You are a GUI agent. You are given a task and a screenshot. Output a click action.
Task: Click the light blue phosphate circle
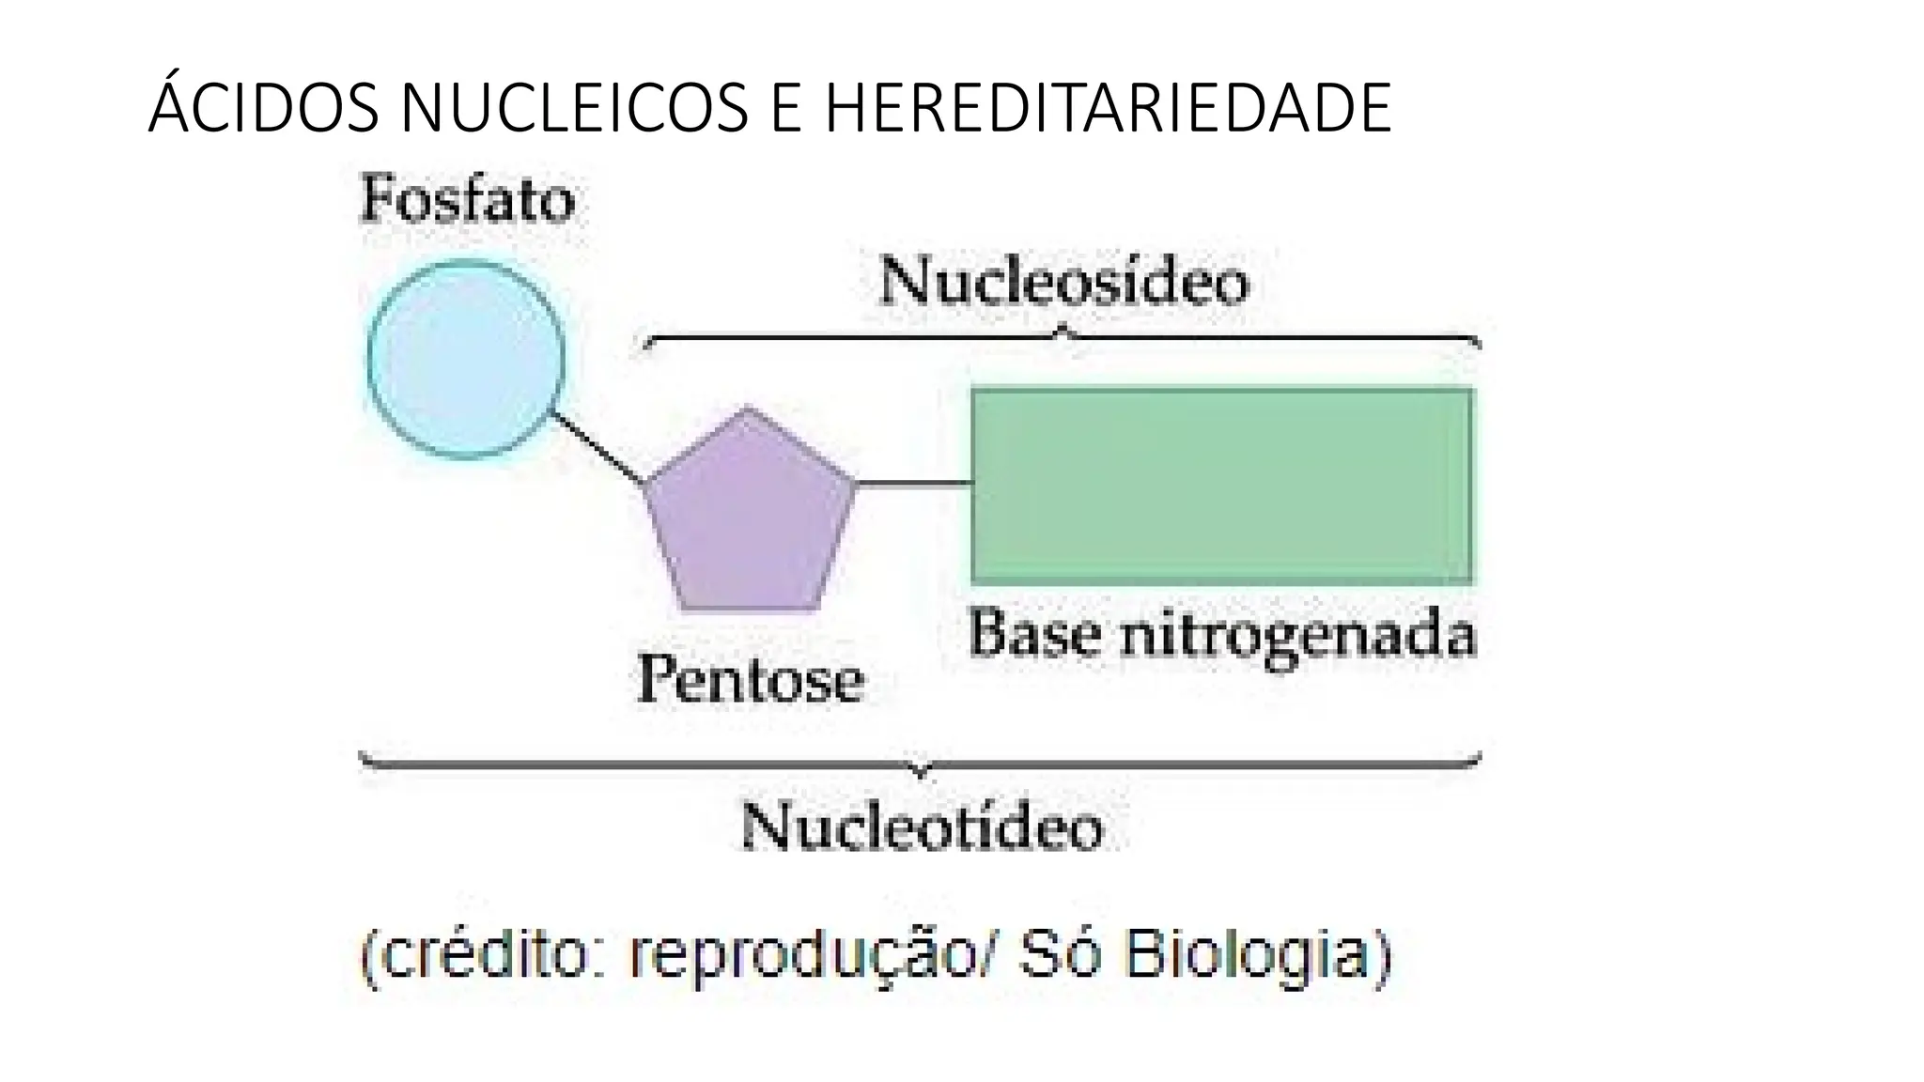[x=466, y=359]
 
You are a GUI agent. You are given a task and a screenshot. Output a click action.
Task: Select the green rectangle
[x=1222, y=485]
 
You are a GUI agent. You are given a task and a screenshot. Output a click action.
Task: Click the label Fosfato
[x=467, y=200]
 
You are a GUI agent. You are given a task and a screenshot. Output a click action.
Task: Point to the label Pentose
[x=750, y=679]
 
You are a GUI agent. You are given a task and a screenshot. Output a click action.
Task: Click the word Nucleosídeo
[x=1063, y=282]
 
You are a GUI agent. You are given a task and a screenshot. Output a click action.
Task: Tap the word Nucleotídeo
[x=922, y=827]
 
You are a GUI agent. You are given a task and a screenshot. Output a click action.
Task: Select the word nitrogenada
[x=1297, y=636]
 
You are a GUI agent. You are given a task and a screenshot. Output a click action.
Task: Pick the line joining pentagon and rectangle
[x=914, y=484]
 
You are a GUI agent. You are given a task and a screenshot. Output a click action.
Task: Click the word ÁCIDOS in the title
[x=264, y=108]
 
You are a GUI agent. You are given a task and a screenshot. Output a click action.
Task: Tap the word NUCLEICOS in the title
[x=574, y=108]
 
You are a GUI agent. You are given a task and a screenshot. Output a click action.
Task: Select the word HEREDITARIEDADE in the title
[x=1108, y=108]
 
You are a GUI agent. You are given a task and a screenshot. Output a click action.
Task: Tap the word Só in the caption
[x=1063, y=957]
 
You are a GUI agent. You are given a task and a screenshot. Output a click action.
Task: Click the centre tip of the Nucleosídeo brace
[x=1063, y=330]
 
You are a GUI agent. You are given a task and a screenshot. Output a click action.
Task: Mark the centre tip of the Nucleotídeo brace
[x=922, y=773]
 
